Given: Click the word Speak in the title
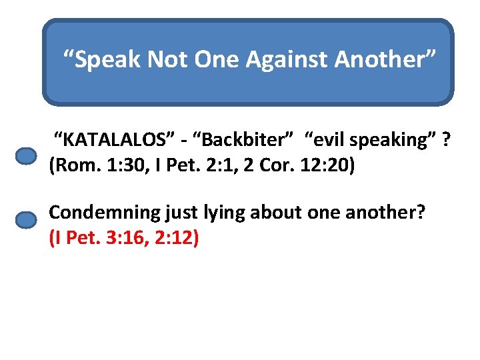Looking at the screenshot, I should coord(107,61).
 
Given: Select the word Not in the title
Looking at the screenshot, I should coord(167,61).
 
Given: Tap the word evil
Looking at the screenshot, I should coord(327,141).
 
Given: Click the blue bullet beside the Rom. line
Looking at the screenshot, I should coord(26,156).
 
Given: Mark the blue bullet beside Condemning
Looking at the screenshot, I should coord(26,220).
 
